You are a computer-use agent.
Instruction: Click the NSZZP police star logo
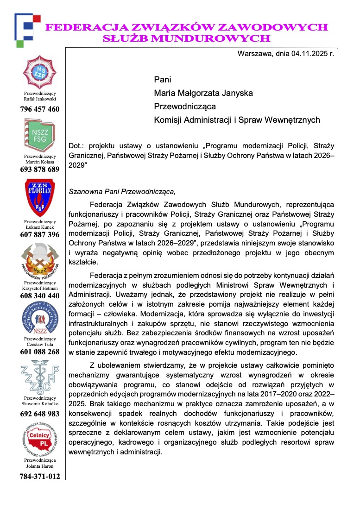(39, 72)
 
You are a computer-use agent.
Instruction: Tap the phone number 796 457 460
(40, 109)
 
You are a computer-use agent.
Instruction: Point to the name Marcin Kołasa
(40, 162)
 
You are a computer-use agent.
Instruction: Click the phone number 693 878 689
(40, 170)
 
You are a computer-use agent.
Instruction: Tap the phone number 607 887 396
(40, 235)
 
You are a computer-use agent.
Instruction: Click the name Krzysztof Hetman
(40, 288)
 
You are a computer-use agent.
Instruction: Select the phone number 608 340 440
(40, 296)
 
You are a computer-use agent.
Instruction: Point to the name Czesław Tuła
(40, 344)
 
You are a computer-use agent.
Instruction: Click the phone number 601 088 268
(40, 352)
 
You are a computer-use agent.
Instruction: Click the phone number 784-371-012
(40, 476)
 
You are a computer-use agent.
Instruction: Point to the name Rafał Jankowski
(40, 99)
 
